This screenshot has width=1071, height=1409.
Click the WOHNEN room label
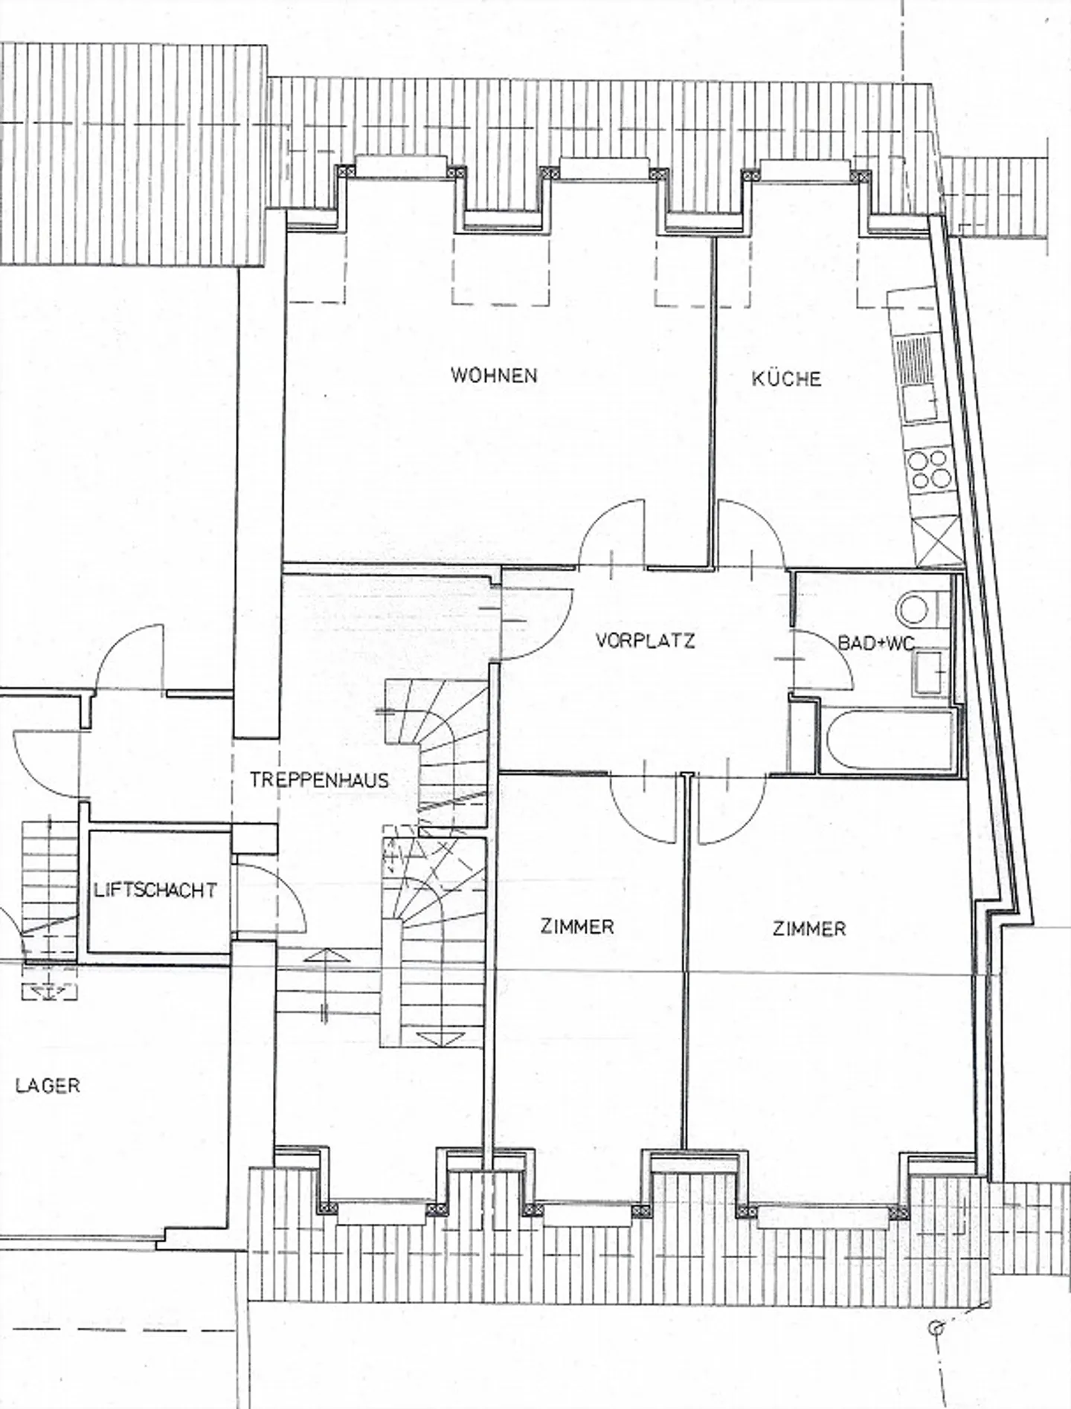click(x=494, y=375)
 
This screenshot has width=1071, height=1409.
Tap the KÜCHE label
click(x=786, y=378)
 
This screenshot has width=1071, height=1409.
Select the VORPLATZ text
click(x=646, y=640)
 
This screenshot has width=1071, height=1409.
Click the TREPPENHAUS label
click(x=320, y=780)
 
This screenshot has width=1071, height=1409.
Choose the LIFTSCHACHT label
click(x=156, y=889)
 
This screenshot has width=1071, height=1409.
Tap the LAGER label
click(x=48, y=1085)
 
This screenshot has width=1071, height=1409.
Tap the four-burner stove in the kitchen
click(x=929, y=468)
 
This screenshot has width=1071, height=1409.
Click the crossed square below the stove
click(x=939, y=539)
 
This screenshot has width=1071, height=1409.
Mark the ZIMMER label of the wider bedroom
click(x=809, y=928)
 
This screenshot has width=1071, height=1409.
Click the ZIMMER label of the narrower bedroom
click(x=577, y=926)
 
